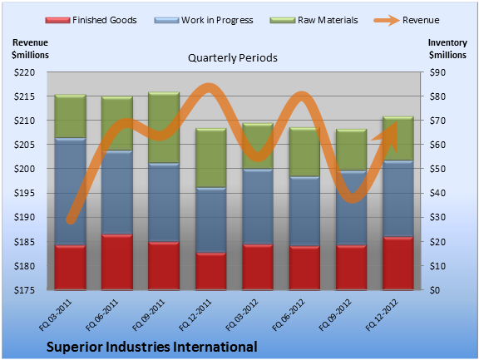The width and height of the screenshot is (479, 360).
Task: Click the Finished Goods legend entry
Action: (x=91, y=20)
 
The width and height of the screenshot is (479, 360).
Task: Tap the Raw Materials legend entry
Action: (x=314, y=20)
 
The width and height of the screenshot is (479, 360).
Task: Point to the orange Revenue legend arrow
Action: (x=387, y=21)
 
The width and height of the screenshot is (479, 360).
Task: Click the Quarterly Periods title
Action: (x=233, y=57)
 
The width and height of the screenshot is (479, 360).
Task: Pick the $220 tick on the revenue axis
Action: (x=24, y=72)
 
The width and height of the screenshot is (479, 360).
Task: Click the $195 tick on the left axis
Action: (x=24, y=193)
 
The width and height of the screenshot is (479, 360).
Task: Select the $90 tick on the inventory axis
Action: (x=437, y=72)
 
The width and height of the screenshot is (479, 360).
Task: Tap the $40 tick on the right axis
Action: (x=437, y=193)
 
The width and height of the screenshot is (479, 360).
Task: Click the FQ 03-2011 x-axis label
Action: (x=55, y=315)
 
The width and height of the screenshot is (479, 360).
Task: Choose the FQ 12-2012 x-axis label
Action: (x=382, y=315)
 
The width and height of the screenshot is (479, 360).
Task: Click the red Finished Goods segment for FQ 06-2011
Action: (x=117, y=262)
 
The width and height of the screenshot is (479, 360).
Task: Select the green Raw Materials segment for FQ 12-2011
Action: (x=210, y=158)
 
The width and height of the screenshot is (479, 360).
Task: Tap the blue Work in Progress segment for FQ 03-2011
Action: (x=70, y=191)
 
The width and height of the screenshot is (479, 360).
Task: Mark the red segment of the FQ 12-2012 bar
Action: (x=398, y=263)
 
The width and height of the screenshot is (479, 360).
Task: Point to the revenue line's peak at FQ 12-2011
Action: (x=209, y=87)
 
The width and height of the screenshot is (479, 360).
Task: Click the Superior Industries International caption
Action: (x=152, y=347)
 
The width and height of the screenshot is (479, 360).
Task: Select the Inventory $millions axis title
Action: (x=447, y=48)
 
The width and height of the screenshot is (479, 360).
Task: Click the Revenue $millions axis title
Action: (x=30, y=48)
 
